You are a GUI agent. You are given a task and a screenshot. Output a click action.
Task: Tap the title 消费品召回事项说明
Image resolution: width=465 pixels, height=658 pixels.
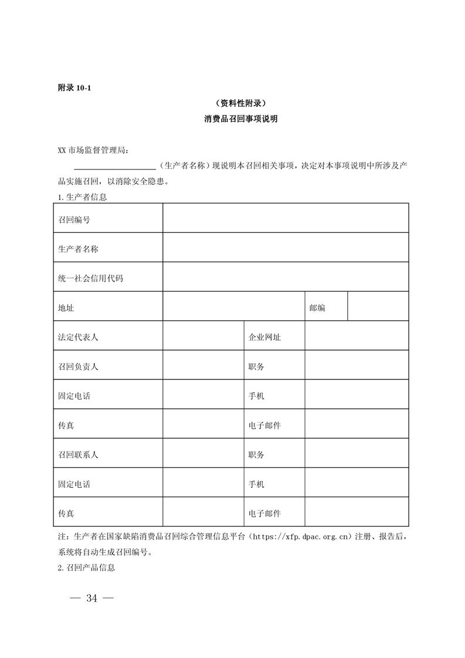point(232,119)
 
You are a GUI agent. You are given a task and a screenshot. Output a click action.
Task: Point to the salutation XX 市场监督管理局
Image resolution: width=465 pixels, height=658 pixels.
point(91,151)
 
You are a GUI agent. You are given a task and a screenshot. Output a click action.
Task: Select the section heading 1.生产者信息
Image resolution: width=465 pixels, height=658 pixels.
point(82,198)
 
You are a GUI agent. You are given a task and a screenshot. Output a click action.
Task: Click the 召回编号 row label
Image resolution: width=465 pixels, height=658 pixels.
point(74,220)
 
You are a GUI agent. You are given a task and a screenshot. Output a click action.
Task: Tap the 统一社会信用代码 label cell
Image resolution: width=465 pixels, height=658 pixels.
point(90,278)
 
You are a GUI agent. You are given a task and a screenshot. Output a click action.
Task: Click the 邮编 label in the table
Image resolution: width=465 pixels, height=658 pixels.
point(317,308)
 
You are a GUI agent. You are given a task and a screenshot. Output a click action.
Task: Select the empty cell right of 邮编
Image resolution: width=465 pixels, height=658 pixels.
point(378,307)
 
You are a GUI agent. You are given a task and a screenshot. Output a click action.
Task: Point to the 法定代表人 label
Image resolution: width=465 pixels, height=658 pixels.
point(78,337)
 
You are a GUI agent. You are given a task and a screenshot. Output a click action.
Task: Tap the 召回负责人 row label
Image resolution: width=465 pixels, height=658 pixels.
point(78,367)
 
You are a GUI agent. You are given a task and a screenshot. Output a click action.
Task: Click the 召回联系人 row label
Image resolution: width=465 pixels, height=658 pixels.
point(78,455)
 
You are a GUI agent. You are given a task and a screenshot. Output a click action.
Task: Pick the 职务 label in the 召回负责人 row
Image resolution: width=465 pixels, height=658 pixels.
point(256,367)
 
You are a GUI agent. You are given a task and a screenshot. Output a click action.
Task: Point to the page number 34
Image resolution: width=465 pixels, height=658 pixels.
point(91,598)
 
